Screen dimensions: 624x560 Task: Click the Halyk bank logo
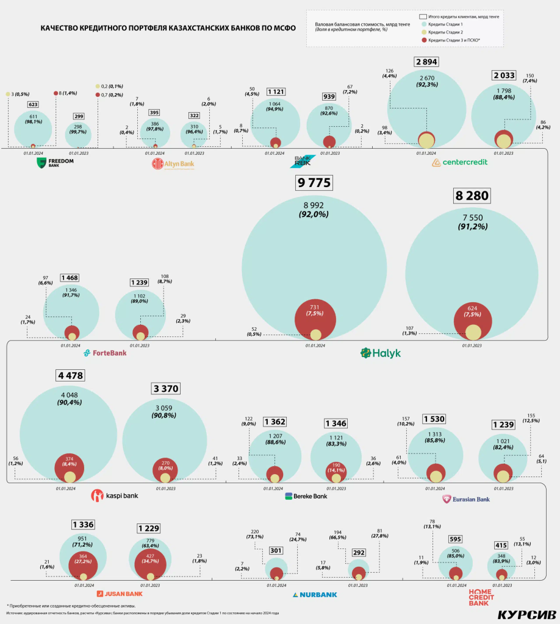[380, 353]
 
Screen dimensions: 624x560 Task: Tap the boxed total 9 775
[314, 183]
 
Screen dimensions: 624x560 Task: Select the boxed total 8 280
[472, 196]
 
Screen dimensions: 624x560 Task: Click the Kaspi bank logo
[115, 495]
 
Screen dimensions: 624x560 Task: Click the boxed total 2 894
[426, 62]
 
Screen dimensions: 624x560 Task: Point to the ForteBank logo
[105, 353]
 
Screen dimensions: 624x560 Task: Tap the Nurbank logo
[314, 595]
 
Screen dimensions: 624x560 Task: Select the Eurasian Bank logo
[466, 499]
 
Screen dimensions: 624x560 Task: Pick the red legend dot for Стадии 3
[423, 40]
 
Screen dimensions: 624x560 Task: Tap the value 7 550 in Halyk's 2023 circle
[472, 217]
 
